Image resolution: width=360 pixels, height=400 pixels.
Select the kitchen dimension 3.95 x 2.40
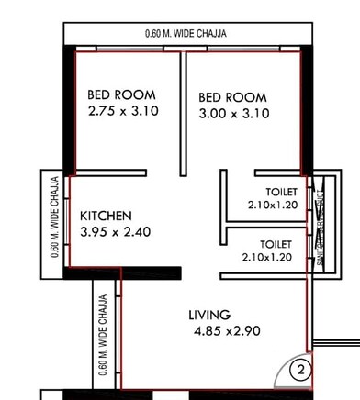[115, 232]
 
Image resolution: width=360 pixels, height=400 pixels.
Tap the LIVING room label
[210, 314]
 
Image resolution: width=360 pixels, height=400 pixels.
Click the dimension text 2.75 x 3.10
[124, 111]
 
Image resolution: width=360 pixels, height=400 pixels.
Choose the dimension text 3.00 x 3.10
[233, 113]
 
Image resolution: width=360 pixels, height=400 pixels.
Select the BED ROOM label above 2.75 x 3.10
[121, 94]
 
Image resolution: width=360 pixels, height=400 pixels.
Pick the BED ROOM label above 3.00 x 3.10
[232, 96]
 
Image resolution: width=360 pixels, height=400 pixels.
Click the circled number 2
[298, 371]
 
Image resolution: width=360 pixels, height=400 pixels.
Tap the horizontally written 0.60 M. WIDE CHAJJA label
[186, 34]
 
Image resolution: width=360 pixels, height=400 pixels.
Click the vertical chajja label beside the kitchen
[55, 217]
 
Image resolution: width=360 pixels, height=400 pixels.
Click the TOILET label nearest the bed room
[269, 192]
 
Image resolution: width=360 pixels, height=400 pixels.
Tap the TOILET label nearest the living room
[275, 244]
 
